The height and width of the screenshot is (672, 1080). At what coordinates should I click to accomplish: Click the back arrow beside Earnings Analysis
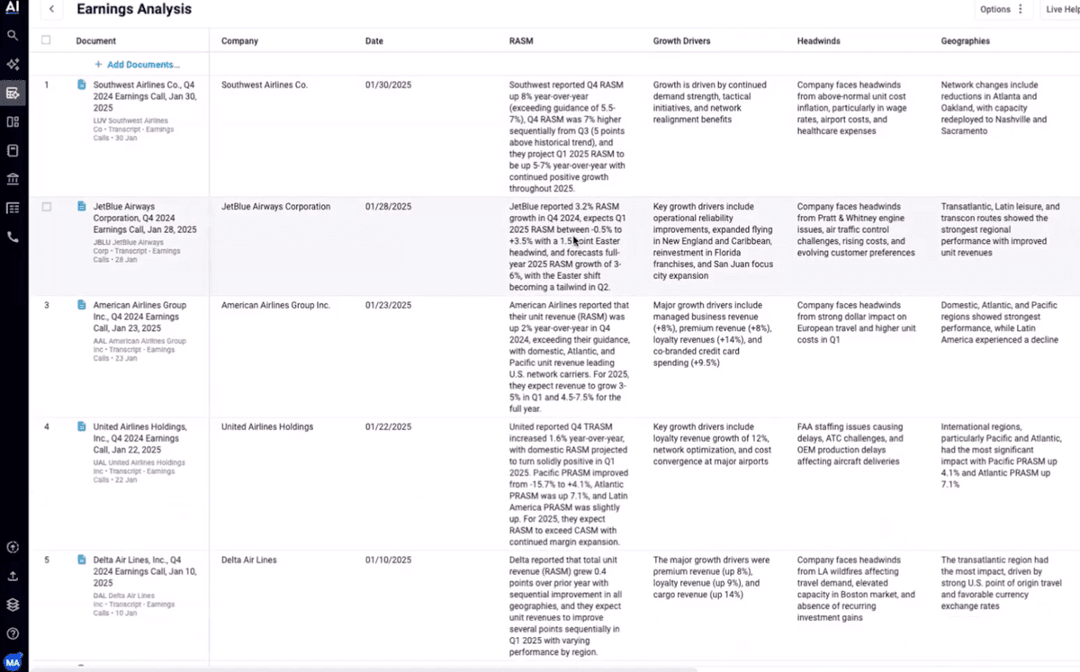tap(51, 10)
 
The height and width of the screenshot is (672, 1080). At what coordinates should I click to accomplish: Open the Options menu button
tap(1002, 10)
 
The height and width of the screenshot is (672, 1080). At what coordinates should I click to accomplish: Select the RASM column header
tap(520, 40)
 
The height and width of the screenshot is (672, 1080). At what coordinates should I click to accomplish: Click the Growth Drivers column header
tap(681, 40)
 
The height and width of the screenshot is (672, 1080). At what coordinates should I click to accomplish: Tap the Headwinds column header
tap(817, 40)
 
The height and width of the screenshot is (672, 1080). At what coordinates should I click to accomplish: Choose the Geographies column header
tap(966, 40)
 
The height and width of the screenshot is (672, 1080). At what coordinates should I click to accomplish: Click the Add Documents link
tap(137, 65)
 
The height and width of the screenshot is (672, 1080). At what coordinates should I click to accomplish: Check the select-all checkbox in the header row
tap(46, 40)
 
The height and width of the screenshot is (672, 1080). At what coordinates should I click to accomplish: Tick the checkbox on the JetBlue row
tap(46, 207)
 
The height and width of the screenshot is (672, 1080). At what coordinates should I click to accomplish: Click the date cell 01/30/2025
tap(388, 85)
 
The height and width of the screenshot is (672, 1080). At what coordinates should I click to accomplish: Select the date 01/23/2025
tap(388, 305)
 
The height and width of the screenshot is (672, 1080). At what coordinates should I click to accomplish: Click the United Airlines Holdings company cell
tap(267, 426)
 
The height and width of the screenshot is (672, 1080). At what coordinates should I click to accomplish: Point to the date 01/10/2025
tap(388, 560)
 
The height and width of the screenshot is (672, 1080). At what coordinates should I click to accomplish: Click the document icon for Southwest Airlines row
tap(81, 85)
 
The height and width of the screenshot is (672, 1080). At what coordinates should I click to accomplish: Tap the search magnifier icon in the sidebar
tap(13, 36)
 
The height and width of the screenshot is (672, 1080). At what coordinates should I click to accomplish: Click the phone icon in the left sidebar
tap(13, 237)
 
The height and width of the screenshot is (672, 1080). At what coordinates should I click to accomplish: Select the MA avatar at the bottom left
tap(13, 661)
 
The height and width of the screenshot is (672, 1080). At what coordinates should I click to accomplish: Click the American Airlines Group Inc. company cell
tap(275, 305)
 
